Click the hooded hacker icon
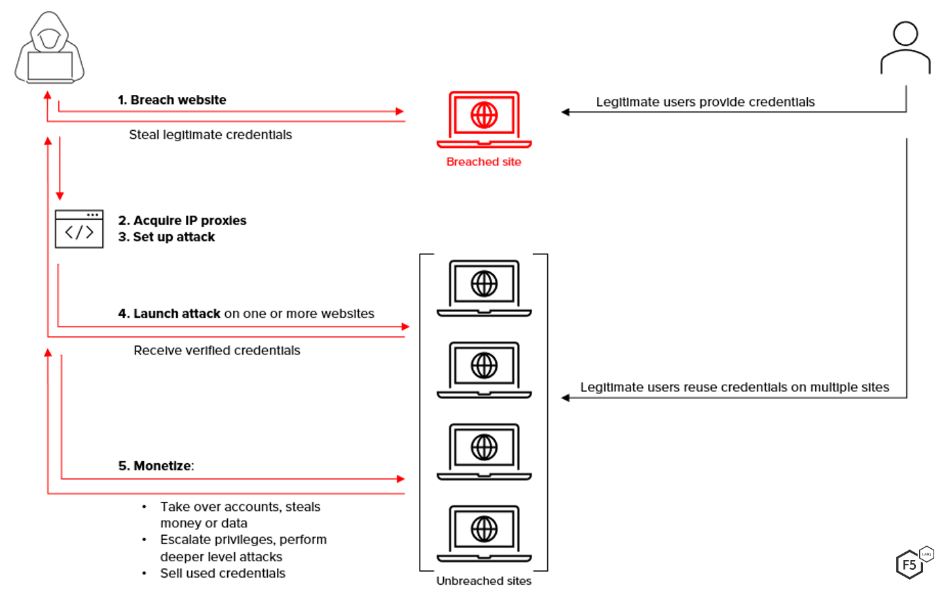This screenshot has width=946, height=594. [50, 48]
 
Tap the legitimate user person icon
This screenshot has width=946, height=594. [905, 48]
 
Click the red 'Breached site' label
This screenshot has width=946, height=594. [484, 162]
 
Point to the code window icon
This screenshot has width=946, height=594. [79, 229]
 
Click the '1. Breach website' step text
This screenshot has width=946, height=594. [172, 100]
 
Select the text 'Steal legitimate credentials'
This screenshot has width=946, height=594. [210, 135]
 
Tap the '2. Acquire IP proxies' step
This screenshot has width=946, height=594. [183, 220]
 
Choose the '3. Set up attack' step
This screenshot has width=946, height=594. [167, 237]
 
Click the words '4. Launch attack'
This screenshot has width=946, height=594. [170, 313]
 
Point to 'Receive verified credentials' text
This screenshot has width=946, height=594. [217, 351]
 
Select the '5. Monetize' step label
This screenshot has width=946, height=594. [156, 466]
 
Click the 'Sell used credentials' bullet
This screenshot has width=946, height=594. [223, 573]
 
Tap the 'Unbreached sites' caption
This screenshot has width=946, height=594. [484, 581]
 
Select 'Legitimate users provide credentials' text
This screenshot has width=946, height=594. [705, 102]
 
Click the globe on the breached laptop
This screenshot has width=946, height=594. [484, 115]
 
